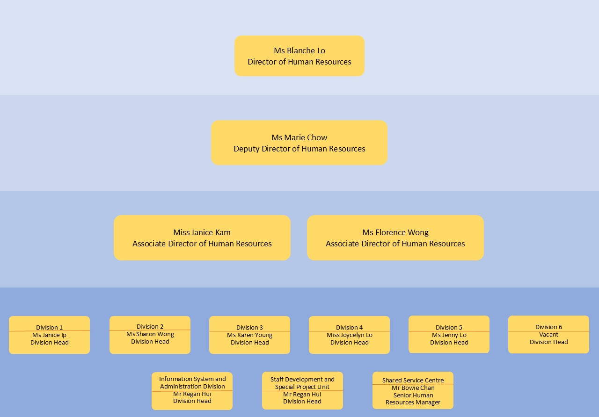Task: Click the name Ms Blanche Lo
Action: point(299,50)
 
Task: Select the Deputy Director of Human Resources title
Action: point(299,149)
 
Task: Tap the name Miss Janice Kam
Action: point(202,232)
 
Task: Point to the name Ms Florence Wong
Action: point(395,232)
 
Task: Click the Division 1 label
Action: point(49,327)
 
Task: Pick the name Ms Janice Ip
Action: point(49,335)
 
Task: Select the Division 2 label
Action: point(150,326)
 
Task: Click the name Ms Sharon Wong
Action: point(150,334)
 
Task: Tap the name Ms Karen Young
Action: point(249,335)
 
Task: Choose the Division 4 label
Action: point(349,327)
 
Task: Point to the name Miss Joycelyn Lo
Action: point(349,335)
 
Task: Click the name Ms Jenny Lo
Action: point(449,335)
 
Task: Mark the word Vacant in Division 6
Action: point(548,334)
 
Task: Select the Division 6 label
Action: point(548,327)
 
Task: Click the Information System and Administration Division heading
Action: point(192,382)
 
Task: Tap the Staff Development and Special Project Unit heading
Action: point(302,383)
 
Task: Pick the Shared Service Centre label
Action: point(413,380)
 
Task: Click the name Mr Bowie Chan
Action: point(413,388)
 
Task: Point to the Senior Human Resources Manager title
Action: point(413,399)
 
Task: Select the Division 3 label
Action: point(249,327)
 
